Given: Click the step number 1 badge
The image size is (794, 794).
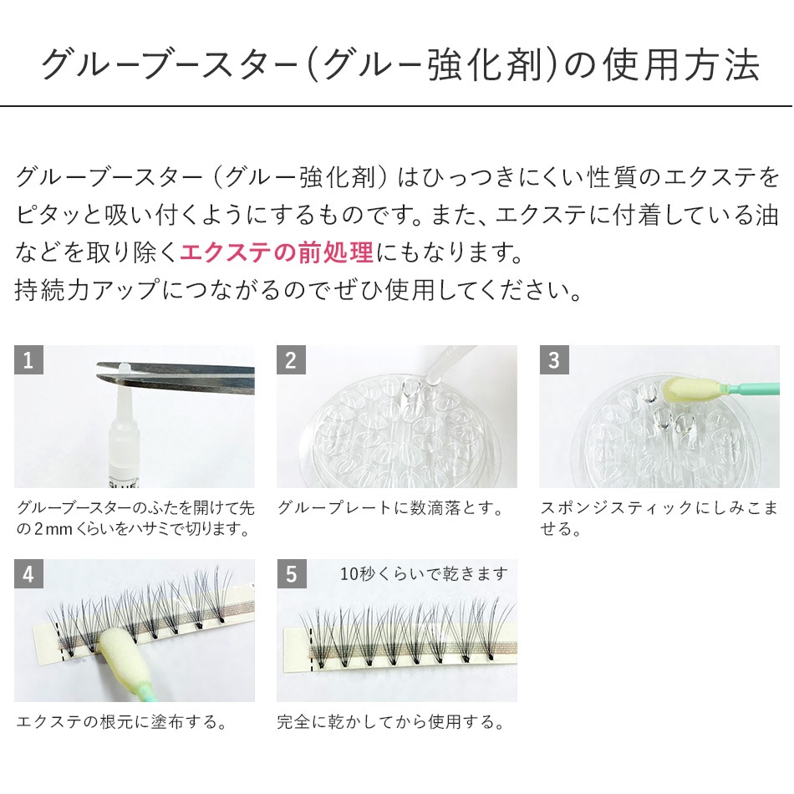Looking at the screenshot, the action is click(x=28, y=360).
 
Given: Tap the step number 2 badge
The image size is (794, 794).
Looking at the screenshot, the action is click(x=291, y=360).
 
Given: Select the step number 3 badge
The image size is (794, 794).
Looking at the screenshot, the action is click(x=554, y=360).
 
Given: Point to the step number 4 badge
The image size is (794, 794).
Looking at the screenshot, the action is click(x=28, y=573).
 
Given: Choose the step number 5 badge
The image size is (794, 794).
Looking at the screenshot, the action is click(x=291, y=573).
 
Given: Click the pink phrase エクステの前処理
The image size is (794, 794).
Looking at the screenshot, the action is click(x=277, y=252).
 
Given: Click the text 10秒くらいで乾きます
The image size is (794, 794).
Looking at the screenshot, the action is click(x=424, y=573).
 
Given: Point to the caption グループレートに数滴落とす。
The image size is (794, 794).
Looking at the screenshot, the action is click(x=390, y=508).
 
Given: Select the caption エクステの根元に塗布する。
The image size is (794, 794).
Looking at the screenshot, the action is click(x=121, y=721).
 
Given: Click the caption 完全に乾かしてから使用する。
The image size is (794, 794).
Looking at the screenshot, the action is click(x=390, y=721).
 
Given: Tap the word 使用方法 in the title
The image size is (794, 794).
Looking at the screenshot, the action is click(x=681, y=65).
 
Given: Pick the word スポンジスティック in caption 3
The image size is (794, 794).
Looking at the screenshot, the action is click(x=616, y=508).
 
